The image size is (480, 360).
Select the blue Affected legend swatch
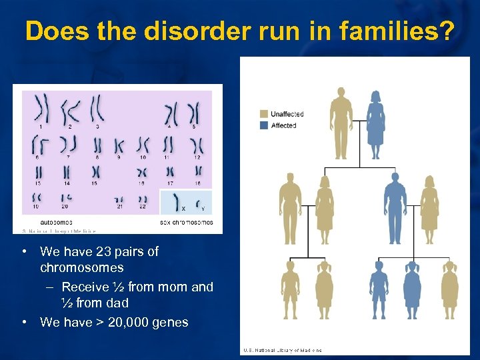coord(264,125)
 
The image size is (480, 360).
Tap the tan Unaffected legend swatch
coord(264,114)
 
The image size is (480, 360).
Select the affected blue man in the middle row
coord(394,208)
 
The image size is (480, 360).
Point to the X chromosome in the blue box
coord(177,201)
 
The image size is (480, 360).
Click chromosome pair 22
coord(143,199)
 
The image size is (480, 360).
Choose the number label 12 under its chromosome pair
coord(197,157)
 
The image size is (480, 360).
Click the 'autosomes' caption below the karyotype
coord(57,222)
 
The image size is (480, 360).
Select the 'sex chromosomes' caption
coord(187,222)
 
